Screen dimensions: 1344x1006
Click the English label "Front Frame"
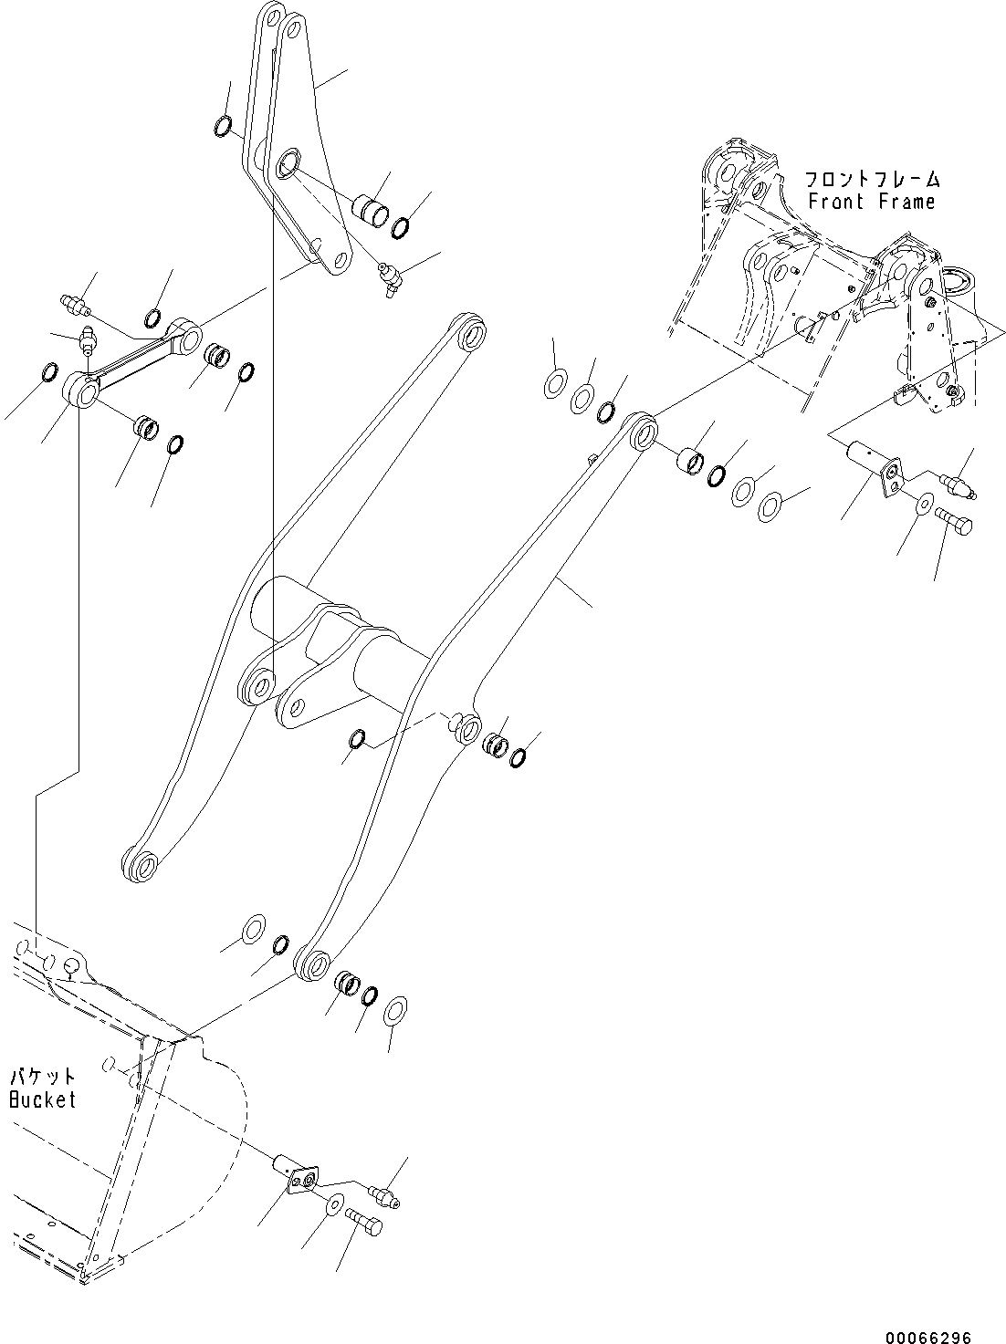(x=871, y=202)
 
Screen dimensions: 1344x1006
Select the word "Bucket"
(x=43, y=1099)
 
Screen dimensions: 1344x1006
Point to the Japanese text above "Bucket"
(x=43, y=1077)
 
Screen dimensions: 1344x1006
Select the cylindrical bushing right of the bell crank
(x=372, y=207)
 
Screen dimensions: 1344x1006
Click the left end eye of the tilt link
(x=81, y=392)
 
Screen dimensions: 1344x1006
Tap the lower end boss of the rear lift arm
(x=138, y=864)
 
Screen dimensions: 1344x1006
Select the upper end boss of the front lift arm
(x=641, y=430)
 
